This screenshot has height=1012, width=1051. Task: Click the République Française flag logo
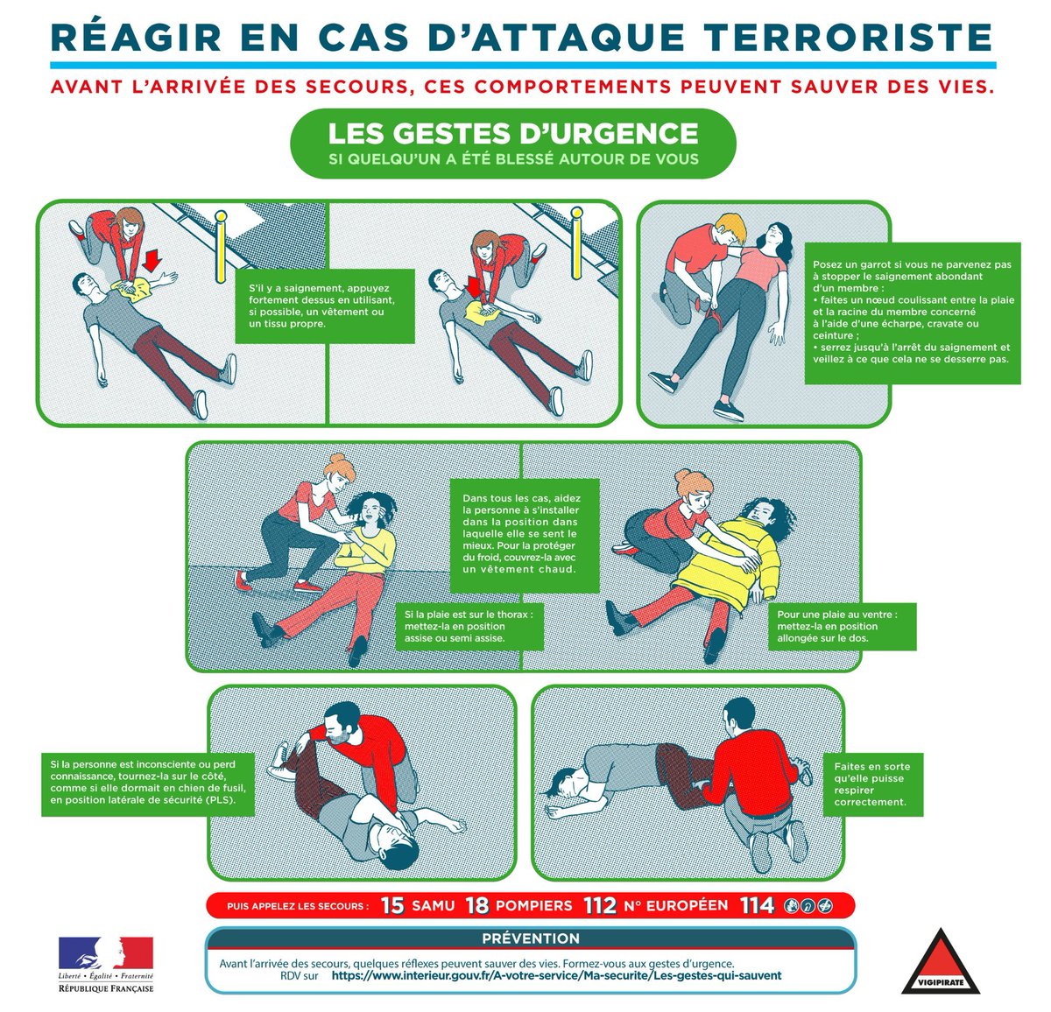(106, 952)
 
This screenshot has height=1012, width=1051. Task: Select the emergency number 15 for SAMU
(392, 905)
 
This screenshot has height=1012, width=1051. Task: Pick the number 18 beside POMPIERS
(477, 905)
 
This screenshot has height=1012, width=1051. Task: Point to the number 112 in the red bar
(600, 905)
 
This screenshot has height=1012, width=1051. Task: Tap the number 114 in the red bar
(757, 905)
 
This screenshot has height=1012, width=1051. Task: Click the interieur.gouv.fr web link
(556, 975)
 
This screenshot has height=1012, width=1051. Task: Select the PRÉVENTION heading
(531, 938)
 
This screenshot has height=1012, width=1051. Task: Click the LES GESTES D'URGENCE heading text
(513, 133)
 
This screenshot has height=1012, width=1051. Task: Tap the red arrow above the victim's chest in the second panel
(475, 286)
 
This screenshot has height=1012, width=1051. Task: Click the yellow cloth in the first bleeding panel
(133, 289)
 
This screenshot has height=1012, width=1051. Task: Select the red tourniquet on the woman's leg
(714, 319)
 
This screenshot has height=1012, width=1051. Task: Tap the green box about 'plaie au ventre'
(842, 626)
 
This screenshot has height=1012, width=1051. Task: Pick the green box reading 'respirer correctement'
(873, 784)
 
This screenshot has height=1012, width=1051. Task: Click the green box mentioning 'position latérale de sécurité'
(147, 784)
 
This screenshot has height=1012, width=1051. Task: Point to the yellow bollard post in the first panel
(221, 247)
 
